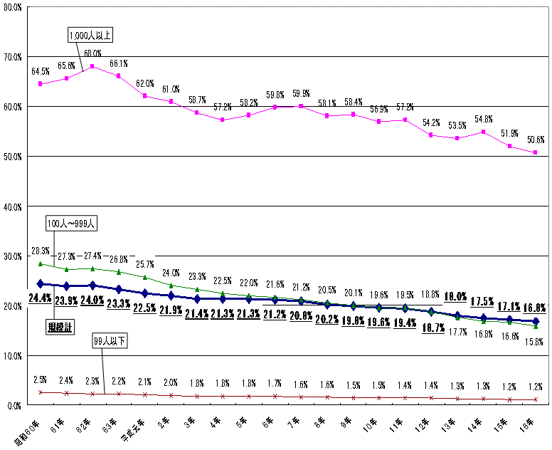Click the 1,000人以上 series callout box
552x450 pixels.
pyautogui.click(x=90, y=34)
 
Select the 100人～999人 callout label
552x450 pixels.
pyautogui.click(x=71, y=223)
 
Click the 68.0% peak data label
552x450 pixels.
pyautogui.click(x=92, y=53)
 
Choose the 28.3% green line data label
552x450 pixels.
pyautogui.click(x=41, y=251)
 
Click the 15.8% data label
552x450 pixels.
pyautogui.click(x=535, y=341)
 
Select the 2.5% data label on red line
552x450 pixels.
pyautogui.click(x=41, y=378)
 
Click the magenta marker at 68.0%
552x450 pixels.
pyautogui.click(x=92, y=66)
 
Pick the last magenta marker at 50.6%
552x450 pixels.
pyautogui.click(x=535, y=152)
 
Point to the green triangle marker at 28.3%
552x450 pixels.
pyautogui.click(x=41, y=263)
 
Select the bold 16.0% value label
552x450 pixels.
pyautogui.click(x=535, y=308)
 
